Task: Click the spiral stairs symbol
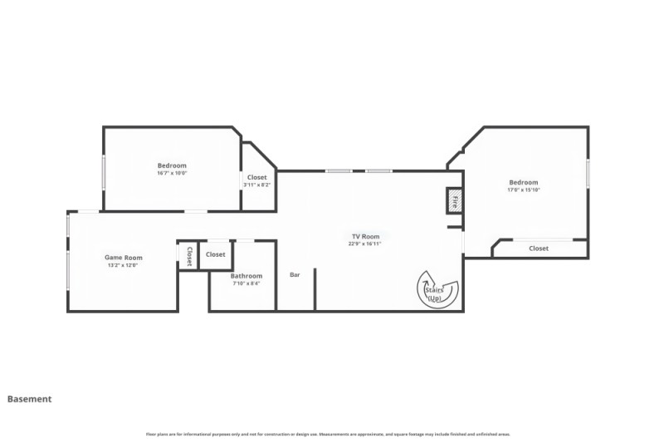pyautogui.click(x=436, y=289)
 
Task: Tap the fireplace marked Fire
pyautogui.click(x=455, y=200)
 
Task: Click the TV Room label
pyautogui.click(x=365, y=237)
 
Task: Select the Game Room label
pyautogui.click(x=123, y=258)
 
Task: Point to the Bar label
pyautogui.click(x=295, y=275)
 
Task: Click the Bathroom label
pyautogui.click(x=247, y=276)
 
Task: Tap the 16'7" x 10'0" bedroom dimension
pyautogui.click(x=172, y=173)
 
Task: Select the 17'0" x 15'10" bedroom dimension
pyautogui.click(x=524, y=190)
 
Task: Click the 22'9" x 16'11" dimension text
pyautogui.click(x=365, y=244)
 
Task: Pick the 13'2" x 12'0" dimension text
pyautogui.click(x=123, y=265)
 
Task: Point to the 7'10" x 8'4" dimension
pyautogui.click(x=247, y=283)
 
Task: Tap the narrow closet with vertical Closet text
pyautogui.click(x=189, y=255)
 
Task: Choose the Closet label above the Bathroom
pyautogui.click(x=216, y=254)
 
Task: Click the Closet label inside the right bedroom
pyautogui.click(x=539, y=249)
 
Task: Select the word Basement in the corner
pyautogui.click(x=30, y=399)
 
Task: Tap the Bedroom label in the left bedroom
pyautogui.click(x=172, y=165)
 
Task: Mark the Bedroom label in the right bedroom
pyautogui.click(x=524, y=183)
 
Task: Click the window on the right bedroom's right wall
pyautogui.click(x=588, y=174)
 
